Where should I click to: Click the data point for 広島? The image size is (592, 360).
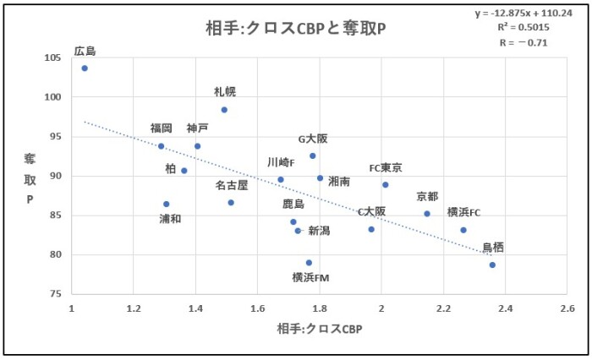85,68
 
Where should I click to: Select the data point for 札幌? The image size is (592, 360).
224,110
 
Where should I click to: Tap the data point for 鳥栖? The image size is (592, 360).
492,265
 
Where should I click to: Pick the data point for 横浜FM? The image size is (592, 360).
309,263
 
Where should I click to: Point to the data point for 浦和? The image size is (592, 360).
167,204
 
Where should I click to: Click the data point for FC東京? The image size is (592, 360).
385,184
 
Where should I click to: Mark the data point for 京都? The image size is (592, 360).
427,214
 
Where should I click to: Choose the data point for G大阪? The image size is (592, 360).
313,155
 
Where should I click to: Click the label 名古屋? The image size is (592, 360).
231,184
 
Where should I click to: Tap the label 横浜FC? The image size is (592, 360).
463,212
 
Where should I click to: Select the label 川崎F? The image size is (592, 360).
281,162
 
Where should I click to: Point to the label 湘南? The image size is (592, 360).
340,181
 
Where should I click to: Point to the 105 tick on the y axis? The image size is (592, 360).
52,57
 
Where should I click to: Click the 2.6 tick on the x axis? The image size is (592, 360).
567,308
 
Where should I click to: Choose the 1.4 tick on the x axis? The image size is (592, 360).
195,308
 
